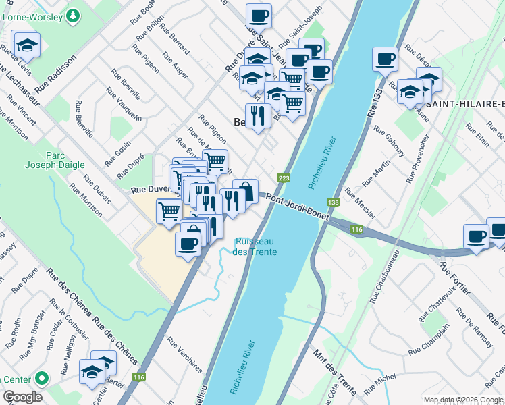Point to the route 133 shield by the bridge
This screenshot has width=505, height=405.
coord(333,202)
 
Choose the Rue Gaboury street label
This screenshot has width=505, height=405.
coord(388,140)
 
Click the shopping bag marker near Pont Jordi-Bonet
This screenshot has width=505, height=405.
coord(246,191)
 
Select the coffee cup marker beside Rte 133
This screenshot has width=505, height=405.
coord(385,59)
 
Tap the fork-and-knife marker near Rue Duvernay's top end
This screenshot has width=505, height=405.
coord(258,115)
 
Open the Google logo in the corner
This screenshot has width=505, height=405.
coord(22,397)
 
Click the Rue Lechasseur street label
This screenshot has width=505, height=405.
coord(21,85)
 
